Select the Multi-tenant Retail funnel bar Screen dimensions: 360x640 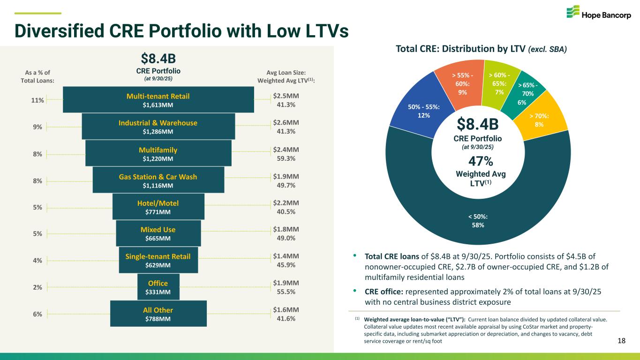coord(158,100)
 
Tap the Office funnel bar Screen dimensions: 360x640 coord(158,287)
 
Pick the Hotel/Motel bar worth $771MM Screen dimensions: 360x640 coord(158,207)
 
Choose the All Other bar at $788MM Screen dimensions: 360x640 coord(158,314)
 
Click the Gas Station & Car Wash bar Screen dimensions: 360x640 coord(158,180)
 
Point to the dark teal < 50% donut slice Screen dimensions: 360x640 coord(478,220)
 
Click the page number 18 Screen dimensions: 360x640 coord(622,341)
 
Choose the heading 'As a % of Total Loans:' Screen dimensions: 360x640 coord(38,76)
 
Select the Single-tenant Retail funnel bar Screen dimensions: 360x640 coord(158,261)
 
